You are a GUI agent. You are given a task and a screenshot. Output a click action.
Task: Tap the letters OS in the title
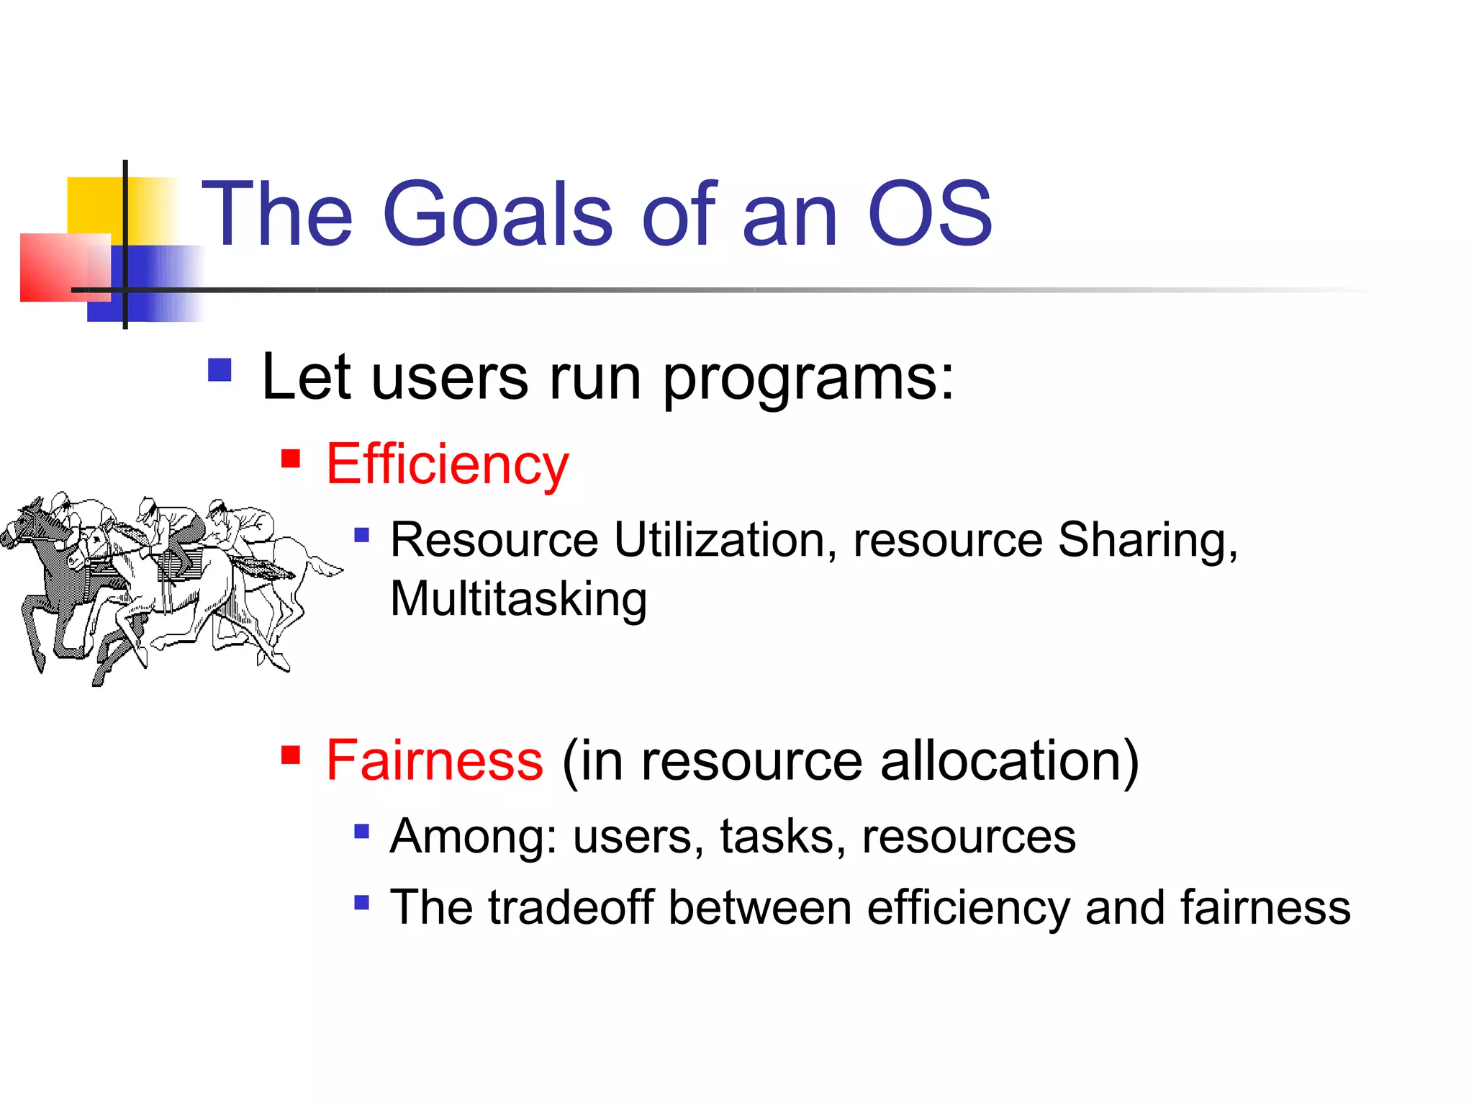[930, 214]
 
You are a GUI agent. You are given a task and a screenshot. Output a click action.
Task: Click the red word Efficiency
[447, 464]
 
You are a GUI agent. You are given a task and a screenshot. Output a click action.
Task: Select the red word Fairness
[435, 760]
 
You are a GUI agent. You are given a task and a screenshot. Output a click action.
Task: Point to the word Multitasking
[518, 599]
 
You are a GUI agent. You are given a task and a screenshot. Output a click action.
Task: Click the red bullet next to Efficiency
[291, 459]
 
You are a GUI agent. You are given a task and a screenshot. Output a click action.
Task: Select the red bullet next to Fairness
[291, 755]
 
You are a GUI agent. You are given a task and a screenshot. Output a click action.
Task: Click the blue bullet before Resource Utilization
[362, 535]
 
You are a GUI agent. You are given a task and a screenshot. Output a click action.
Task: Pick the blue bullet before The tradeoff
[362, 902]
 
